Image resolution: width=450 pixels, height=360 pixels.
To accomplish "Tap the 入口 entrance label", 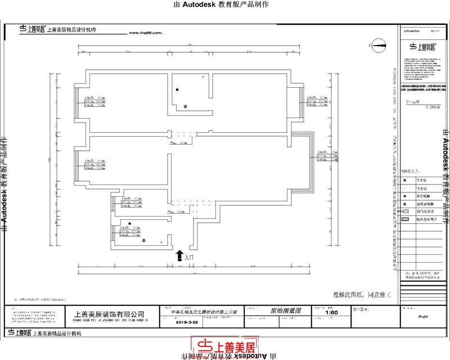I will click(x=188, y=257).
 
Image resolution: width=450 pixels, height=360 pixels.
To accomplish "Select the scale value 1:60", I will click(x=332, y=312).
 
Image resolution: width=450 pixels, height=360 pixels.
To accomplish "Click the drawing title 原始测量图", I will click(x=286, y=310).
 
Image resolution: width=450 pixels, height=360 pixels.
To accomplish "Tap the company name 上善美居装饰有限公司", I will click(x=109, y=314).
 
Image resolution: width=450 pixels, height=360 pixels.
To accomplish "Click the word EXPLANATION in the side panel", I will click(x=411, y=31).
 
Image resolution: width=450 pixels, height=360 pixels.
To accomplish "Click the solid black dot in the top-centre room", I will click(x=177, y=90).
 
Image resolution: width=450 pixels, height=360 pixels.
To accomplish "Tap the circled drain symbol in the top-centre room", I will click(x=184, y=106).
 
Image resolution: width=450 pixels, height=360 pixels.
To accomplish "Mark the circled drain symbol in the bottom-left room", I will click(x=143, y=241).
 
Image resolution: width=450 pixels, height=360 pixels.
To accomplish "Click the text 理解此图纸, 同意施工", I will click(x=357, y=294).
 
